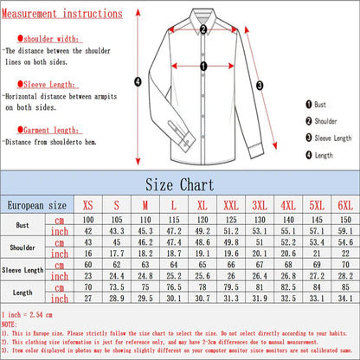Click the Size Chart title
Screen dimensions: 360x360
(179, 184)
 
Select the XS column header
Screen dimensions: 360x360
(87, 206)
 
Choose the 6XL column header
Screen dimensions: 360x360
(344, 206)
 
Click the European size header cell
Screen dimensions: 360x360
(37, 206)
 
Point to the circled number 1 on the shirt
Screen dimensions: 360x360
(203, 65)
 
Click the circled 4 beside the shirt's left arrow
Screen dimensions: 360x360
(137, 82)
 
